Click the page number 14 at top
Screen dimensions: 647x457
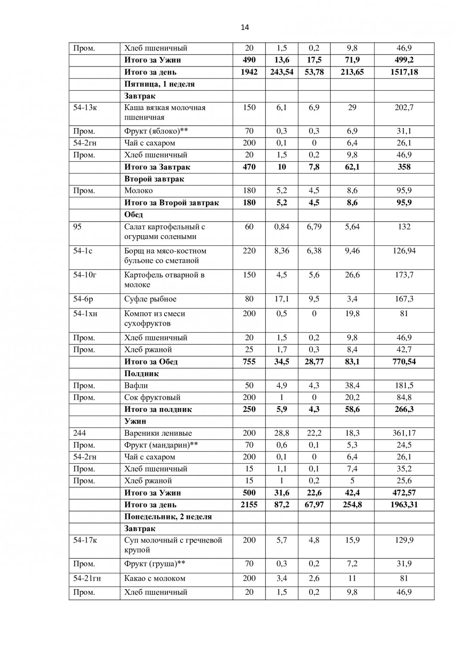pos(245,28)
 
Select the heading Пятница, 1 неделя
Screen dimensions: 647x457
pos(159,84)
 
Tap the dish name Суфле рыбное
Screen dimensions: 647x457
pos(150,299)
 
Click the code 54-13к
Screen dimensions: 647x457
pos(85,108)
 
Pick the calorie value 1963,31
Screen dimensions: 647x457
pos(404,505)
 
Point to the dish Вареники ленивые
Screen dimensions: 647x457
pos(158,433)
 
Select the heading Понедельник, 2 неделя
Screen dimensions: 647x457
pos(168,517)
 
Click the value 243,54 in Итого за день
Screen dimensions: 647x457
pos(282,72)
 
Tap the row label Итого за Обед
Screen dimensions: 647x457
pos(151,361)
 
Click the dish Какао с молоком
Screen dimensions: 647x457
pos(155,578)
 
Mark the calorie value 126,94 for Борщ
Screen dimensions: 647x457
pos(404,251)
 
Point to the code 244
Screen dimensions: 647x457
pos(79,433)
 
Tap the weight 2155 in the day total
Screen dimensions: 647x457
pos(249,505)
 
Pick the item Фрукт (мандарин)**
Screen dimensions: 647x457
pos(161,445)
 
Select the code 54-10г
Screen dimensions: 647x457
pos(84,275)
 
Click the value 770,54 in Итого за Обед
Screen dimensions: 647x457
pos(404,361)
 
